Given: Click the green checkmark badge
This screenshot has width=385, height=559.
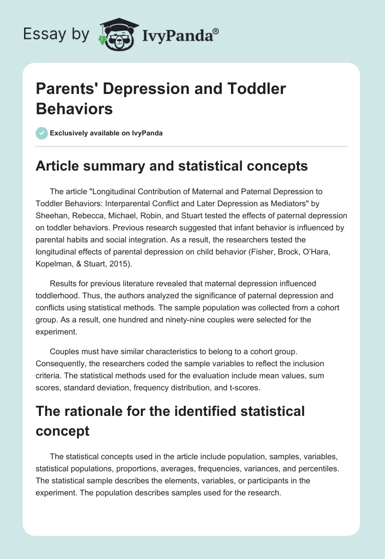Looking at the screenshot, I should tap(42, 133).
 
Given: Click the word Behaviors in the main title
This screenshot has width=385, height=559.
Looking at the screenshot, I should tap(74, 109).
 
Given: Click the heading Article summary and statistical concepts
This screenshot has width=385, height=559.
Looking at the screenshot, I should tap(172, 166).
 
